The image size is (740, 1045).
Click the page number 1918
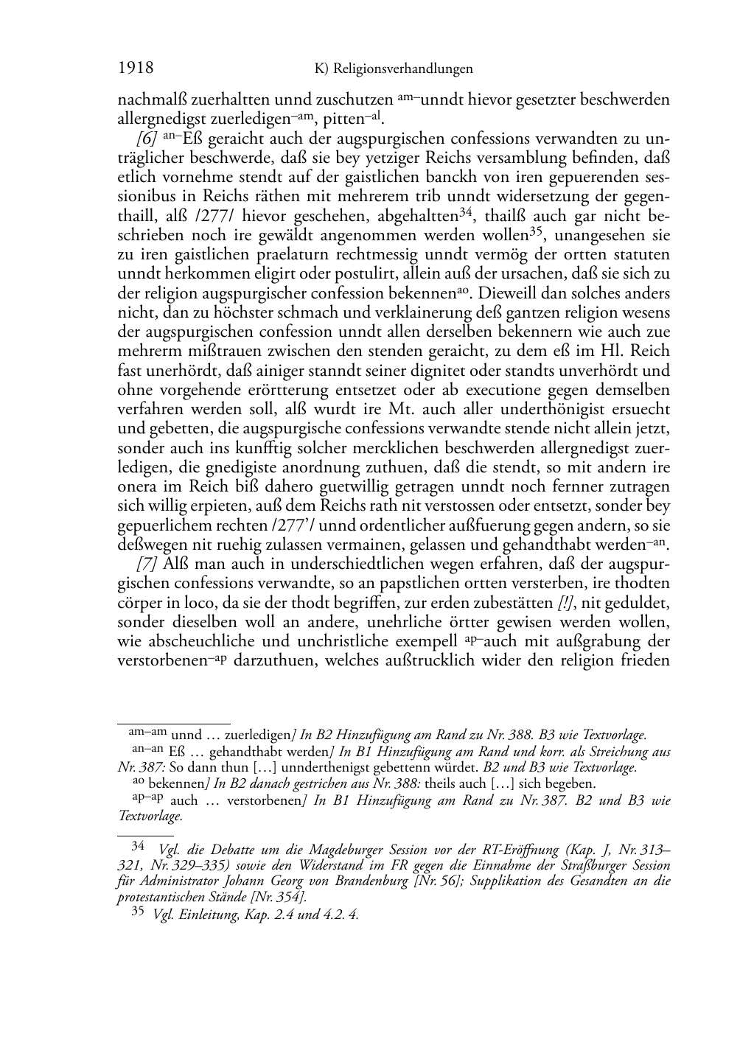(136, 69)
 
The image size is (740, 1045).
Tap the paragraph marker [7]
(147, 564)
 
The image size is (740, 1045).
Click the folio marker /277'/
(294, 525)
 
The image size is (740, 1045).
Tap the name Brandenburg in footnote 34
(374, 881)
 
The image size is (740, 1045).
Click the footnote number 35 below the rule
(138, 912)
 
